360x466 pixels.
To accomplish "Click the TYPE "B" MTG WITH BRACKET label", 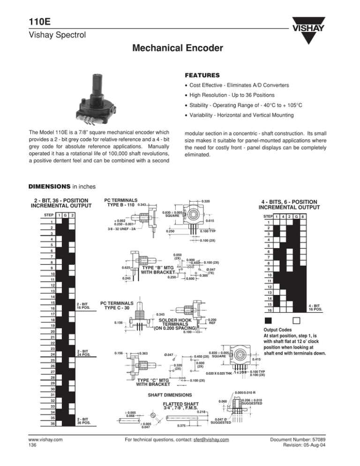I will pyautogui.click(x=158, y=270).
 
